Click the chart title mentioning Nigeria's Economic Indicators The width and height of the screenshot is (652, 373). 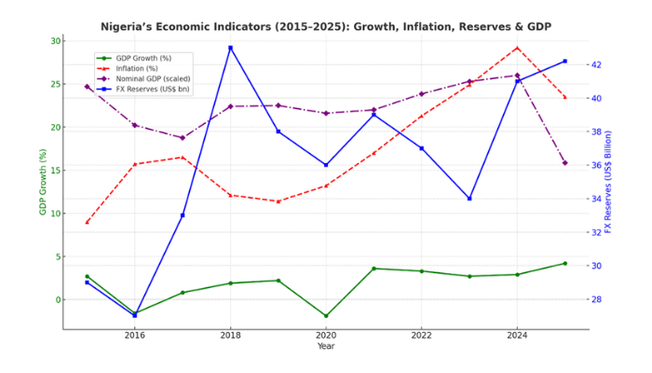click(326, 26)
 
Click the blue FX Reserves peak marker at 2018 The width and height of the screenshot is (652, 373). click(230, 48)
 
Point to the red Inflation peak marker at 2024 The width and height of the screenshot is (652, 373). click(517, 48)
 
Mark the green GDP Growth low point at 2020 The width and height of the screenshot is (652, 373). click(326, 316)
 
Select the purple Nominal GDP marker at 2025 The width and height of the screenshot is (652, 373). click(564, 163)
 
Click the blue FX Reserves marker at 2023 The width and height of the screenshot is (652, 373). click(469, 199)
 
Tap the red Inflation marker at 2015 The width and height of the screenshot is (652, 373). click(87, 222)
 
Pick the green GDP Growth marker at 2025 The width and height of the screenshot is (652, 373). click(564, 263)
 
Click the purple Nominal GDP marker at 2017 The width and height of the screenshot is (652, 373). click(183, 138)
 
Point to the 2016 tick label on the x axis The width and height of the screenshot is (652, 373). click(135, 335)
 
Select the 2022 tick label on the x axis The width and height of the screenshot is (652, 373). click(421, 335)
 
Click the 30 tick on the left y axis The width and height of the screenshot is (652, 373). click(56, 41)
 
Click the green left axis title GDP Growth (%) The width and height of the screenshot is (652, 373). click(43, 182)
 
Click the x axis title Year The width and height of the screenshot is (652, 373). click(326, 346)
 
